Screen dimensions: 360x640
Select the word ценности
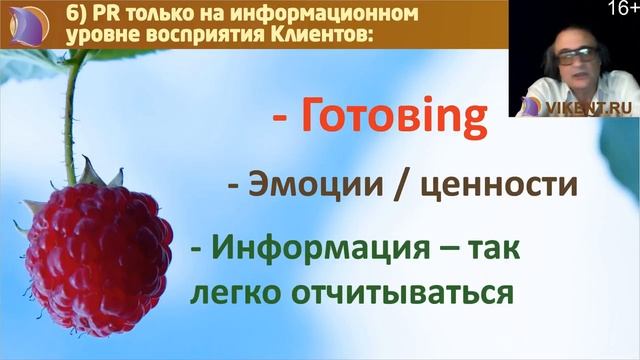[493, 185]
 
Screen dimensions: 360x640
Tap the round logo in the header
[28, 24]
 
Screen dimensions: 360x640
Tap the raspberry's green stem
[69, 110]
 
